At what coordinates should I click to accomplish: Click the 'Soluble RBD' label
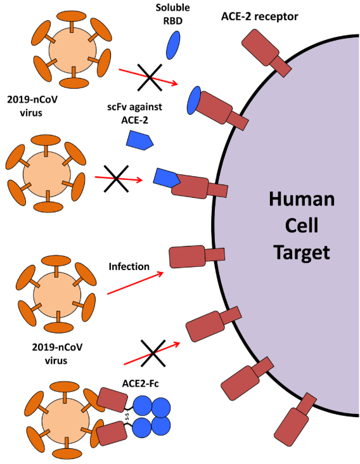coord(173,14)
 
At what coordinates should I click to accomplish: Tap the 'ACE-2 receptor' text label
coord(259,16)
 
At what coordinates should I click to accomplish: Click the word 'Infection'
coord(129,266)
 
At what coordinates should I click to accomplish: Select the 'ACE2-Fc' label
coord(140,383)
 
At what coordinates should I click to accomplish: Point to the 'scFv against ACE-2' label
coord(134,113)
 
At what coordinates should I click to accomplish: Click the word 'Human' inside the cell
coord(302,199)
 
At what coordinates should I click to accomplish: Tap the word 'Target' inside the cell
coord(302,252)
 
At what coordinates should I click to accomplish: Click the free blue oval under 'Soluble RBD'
coord(173,45)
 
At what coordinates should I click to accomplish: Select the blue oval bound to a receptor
coord(194,101)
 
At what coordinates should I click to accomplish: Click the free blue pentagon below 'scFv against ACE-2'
coord(139,141)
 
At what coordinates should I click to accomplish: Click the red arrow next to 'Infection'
coord(136,283)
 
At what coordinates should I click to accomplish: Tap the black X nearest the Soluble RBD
coord(150,77)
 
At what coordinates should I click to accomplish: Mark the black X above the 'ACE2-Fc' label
coord(153,353)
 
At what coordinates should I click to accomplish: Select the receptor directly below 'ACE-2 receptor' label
coord(266,53)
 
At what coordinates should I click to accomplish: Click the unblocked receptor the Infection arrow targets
coord(196,256)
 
